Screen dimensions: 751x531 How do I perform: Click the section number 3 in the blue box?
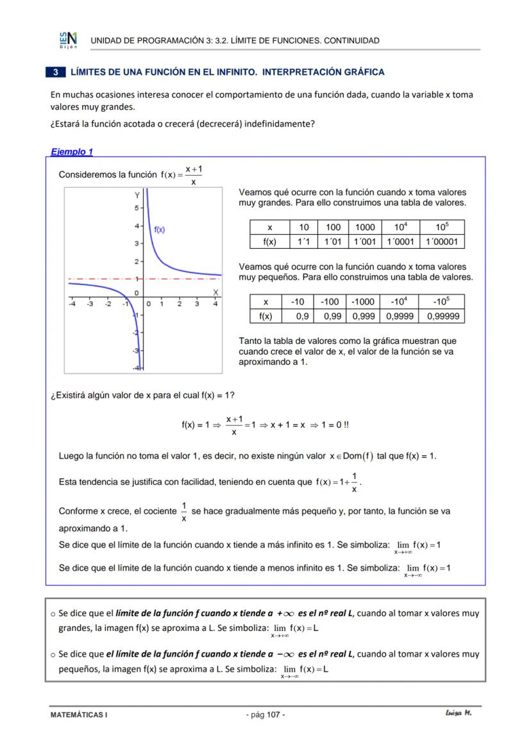[x=56, y=72]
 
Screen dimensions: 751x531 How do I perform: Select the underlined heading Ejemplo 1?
[x=72, y=152]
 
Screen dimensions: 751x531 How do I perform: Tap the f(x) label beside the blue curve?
[x=159, y=230]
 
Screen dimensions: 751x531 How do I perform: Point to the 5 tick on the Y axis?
[x=136, y=208]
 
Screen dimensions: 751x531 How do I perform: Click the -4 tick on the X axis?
[x=72, y=304]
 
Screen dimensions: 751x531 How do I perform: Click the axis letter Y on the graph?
[x=137, y=195]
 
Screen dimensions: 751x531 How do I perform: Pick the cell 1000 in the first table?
[x=365, y=228]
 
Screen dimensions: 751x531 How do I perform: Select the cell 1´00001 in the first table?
[x=442, y=242]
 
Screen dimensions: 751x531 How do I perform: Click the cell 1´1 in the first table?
[x=304, y=242]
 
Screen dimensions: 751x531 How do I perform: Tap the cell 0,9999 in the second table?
[x=399, y=316]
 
